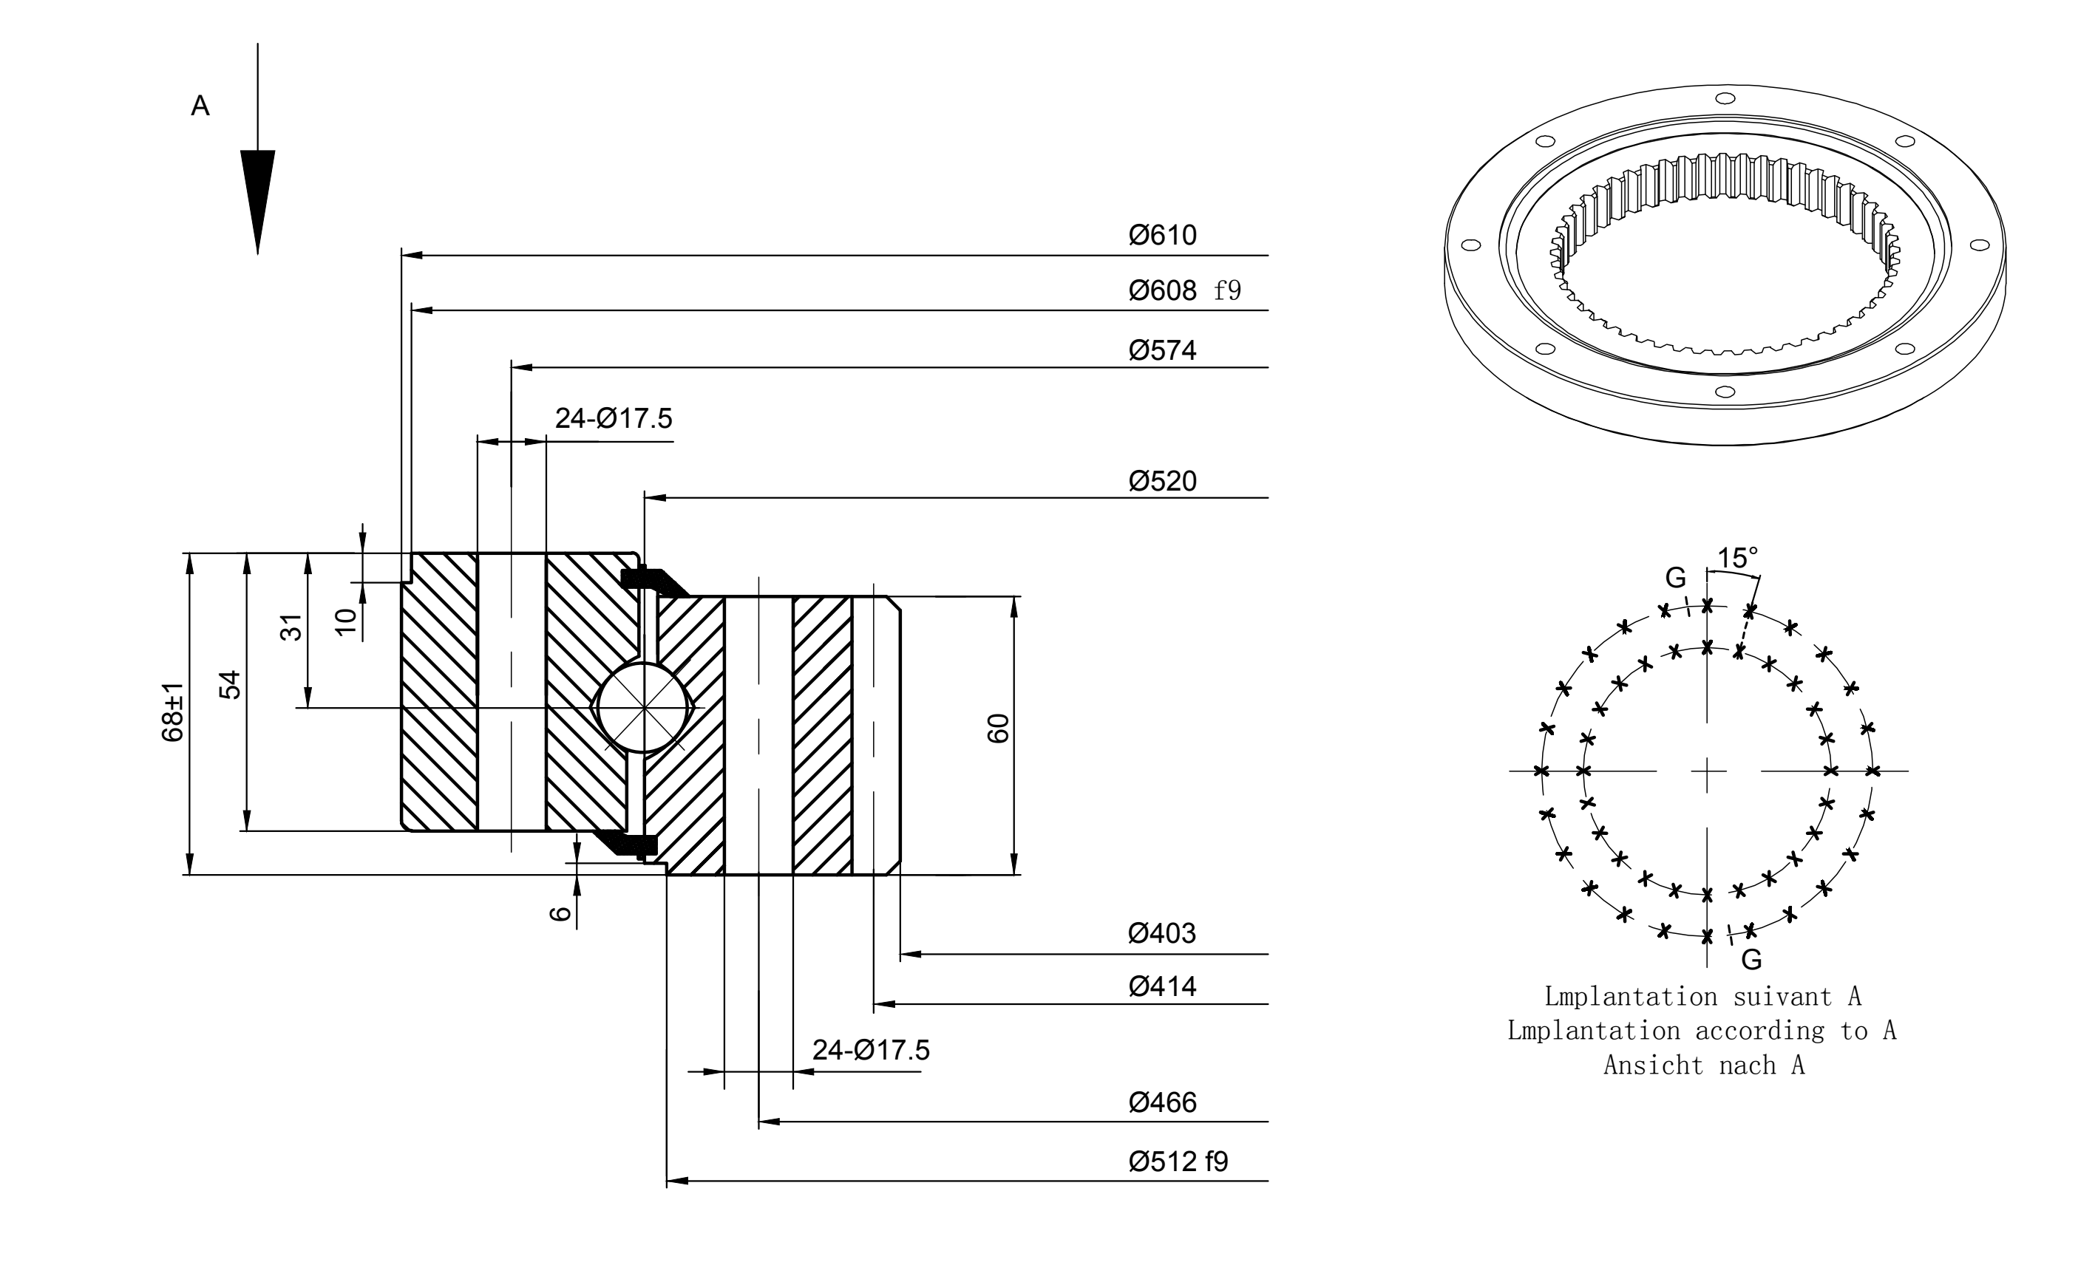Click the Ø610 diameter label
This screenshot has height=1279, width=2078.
click(x=1163, y=235)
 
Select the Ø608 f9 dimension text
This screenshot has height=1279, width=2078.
click(x=1184, y=291)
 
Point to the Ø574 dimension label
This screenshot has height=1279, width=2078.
click(x=1163, y=350)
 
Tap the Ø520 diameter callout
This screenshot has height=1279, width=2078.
click(x=1163, y=481)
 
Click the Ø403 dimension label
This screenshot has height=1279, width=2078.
click(x=1163, y=934)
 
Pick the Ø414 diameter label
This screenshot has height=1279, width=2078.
click(x=1163, y=986)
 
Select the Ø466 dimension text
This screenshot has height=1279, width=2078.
click(x=1163, y=1103)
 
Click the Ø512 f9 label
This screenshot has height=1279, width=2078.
click(x=1178, y=1162)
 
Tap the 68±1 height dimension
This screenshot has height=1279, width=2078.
click(x=172, y=712)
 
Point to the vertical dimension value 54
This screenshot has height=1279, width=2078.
click(x=230, y=685)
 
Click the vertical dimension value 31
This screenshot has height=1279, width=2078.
click(x=291, y=627)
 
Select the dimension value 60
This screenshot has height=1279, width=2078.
click(x=999, y=729)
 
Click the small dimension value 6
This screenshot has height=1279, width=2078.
click(x=561, y=913)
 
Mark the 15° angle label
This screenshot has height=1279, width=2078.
click(x=1738, y=559)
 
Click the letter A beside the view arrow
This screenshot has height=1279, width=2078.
click(x=200, y=106)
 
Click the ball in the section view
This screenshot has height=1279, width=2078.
click(x=644, y=707)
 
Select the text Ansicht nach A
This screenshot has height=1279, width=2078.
click(x=1704, y=1065)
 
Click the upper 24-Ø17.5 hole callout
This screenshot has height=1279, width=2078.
click(x=614, y=419)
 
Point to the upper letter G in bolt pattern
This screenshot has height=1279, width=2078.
click(x=1675, y=578)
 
